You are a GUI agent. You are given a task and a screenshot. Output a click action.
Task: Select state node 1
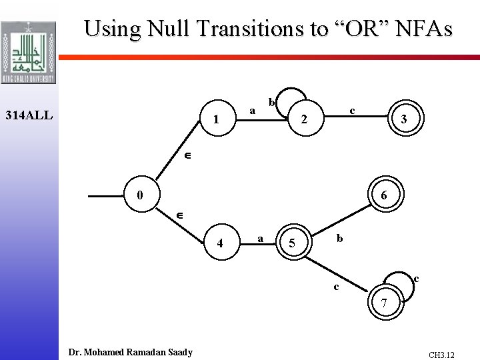[215, 120]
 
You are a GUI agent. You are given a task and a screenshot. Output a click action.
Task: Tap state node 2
[304, 121]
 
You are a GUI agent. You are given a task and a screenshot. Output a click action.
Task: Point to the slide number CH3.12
[441, 355]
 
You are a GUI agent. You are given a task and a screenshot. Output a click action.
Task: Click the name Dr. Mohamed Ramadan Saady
[131, 352]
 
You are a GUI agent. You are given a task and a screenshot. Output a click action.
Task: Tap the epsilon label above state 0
[188, 156]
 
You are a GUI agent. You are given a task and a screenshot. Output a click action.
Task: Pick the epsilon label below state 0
[179, 216]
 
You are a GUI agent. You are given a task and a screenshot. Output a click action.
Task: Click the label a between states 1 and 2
[252, 110]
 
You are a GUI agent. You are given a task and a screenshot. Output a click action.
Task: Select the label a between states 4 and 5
[259, 237]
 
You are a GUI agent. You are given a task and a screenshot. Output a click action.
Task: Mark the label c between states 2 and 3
[352, 110]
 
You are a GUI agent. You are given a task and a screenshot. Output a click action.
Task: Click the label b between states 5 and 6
[340, 238]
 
